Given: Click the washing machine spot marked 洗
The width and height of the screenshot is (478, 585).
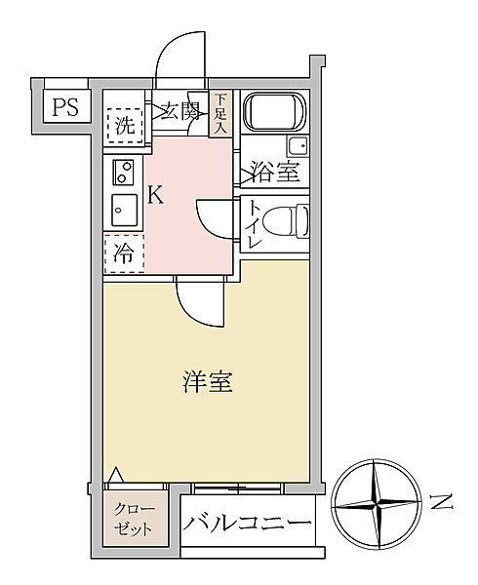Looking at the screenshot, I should coord(124,124).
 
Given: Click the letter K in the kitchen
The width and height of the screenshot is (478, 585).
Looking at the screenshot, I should coord(154,195).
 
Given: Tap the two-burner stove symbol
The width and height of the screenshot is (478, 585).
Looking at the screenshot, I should coord(123,173).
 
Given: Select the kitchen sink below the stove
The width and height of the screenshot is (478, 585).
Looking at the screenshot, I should coord(123,210).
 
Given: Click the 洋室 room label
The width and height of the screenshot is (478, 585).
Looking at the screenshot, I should coord(206,382).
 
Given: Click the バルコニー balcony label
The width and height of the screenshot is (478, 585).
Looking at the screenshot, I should coord(248,523).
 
